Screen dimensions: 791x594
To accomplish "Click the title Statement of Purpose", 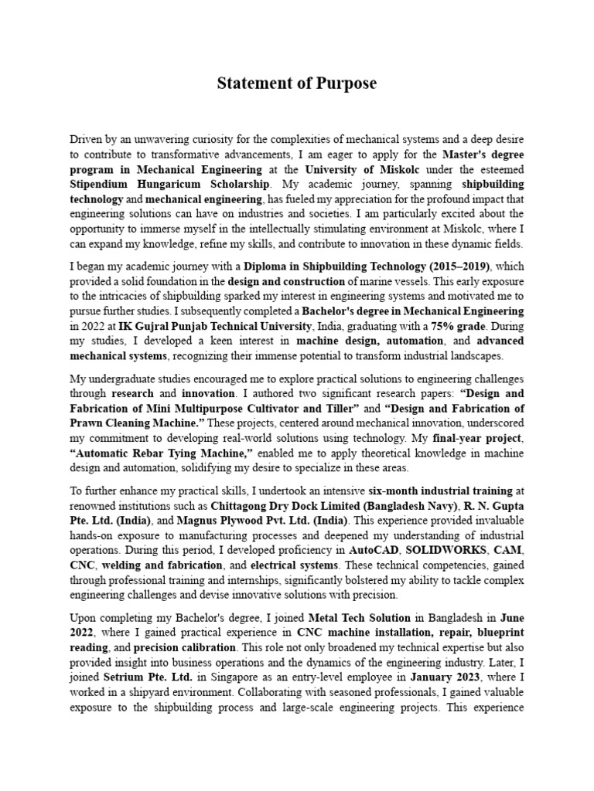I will (x=297, y=82).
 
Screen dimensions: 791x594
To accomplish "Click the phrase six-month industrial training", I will (x=442, y=491).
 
